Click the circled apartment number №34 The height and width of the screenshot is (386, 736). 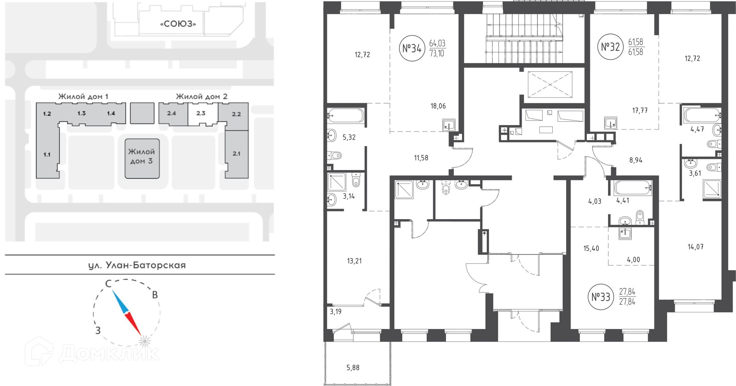point(412,48)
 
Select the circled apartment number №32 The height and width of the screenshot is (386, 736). point(610,47)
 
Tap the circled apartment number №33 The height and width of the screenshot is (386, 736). point(601,297)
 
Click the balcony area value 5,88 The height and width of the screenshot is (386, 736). point(353,368)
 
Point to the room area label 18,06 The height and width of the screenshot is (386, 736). point(438,106)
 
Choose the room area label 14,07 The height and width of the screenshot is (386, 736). point(695,247)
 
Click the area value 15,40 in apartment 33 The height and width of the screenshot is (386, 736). point(591,249)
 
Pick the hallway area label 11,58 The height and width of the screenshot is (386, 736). point(421,158)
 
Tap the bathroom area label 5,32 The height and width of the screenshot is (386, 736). point(349,137)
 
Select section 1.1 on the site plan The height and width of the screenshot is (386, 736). point(47,155)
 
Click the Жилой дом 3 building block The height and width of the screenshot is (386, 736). point(142,158)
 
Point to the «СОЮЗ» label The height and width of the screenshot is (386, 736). point(178,24)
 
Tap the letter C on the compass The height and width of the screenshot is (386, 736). point(108,284)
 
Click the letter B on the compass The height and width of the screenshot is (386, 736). point(155,295)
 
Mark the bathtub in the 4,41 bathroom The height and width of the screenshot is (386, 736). point(633,188)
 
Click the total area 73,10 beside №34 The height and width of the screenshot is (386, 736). point(437,53)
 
